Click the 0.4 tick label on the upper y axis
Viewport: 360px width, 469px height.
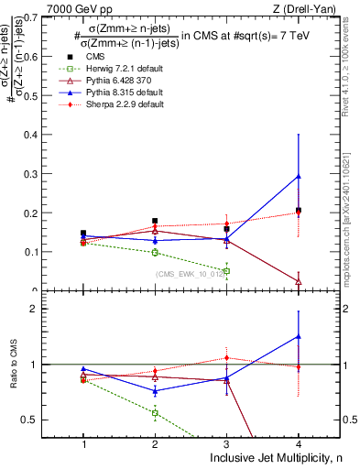[40, 135]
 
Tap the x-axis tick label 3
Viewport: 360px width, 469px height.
[226, 443]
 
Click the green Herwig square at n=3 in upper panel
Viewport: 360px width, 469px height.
[226, 271]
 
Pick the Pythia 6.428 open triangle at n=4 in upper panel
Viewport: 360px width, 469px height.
[298, 281]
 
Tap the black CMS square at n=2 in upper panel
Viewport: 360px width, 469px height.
[155, 221]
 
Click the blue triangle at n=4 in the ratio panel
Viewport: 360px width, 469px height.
[298, 336]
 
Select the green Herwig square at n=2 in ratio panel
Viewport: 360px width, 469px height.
[155, 413]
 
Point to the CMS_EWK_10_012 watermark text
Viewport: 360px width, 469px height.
[191, 273]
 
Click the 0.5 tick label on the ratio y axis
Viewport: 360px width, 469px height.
[41, 420]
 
